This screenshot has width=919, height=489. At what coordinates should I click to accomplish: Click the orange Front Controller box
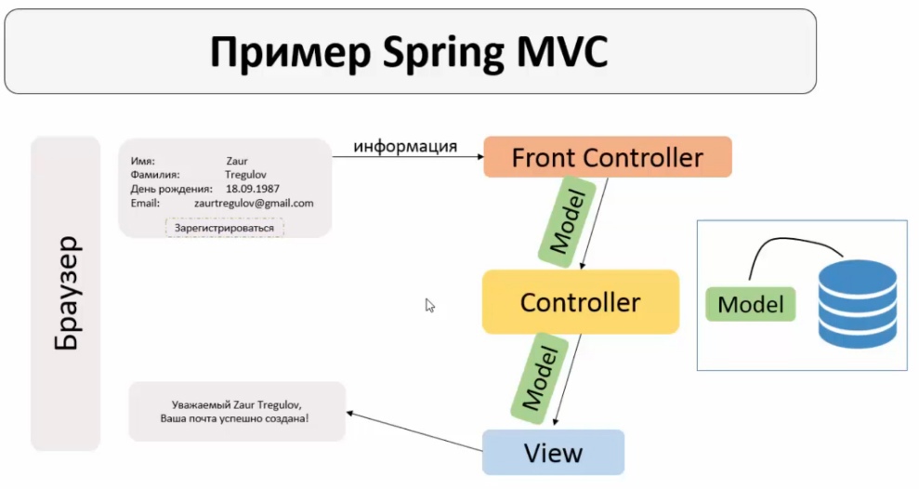608,157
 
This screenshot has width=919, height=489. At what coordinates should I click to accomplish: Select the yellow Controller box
580,302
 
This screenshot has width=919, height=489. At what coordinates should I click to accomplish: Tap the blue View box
553,453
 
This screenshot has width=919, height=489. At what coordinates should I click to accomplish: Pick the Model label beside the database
751,304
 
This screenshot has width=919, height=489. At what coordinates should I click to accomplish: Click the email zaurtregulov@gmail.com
254,203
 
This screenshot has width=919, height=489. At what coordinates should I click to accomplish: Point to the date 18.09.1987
253,189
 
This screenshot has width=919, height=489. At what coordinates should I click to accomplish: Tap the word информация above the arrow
405,146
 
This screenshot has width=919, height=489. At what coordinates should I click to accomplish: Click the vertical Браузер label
66,294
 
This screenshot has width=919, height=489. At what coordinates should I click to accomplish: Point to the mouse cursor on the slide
429,305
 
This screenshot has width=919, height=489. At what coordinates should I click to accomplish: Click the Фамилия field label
155,175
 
